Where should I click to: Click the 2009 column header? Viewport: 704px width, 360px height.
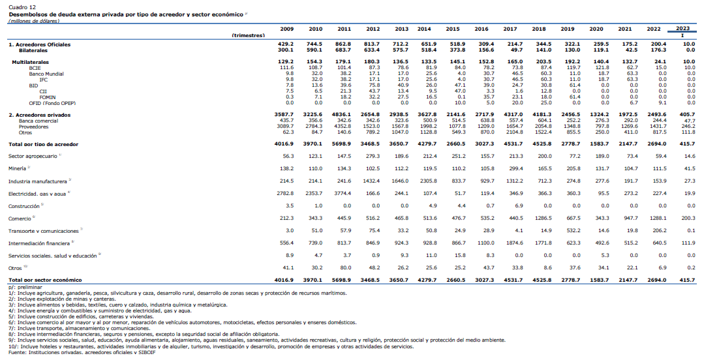pos(287,29)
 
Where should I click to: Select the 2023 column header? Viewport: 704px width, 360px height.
pos(682,28)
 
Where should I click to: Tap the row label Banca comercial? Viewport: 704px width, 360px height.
pos(38,121)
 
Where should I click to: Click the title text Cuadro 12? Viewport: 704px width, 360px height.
pos(22,8)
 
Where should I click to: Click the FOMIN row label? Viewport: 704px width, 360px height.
pos(48,97)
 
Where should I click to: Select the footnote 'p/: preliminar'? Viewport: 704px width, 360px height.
pos(25,287)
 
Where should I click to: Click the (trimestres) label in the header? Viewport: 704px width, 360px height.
pos(249,35)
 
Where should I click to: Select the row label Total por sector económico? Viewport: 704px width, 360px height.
pos(46,280)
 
